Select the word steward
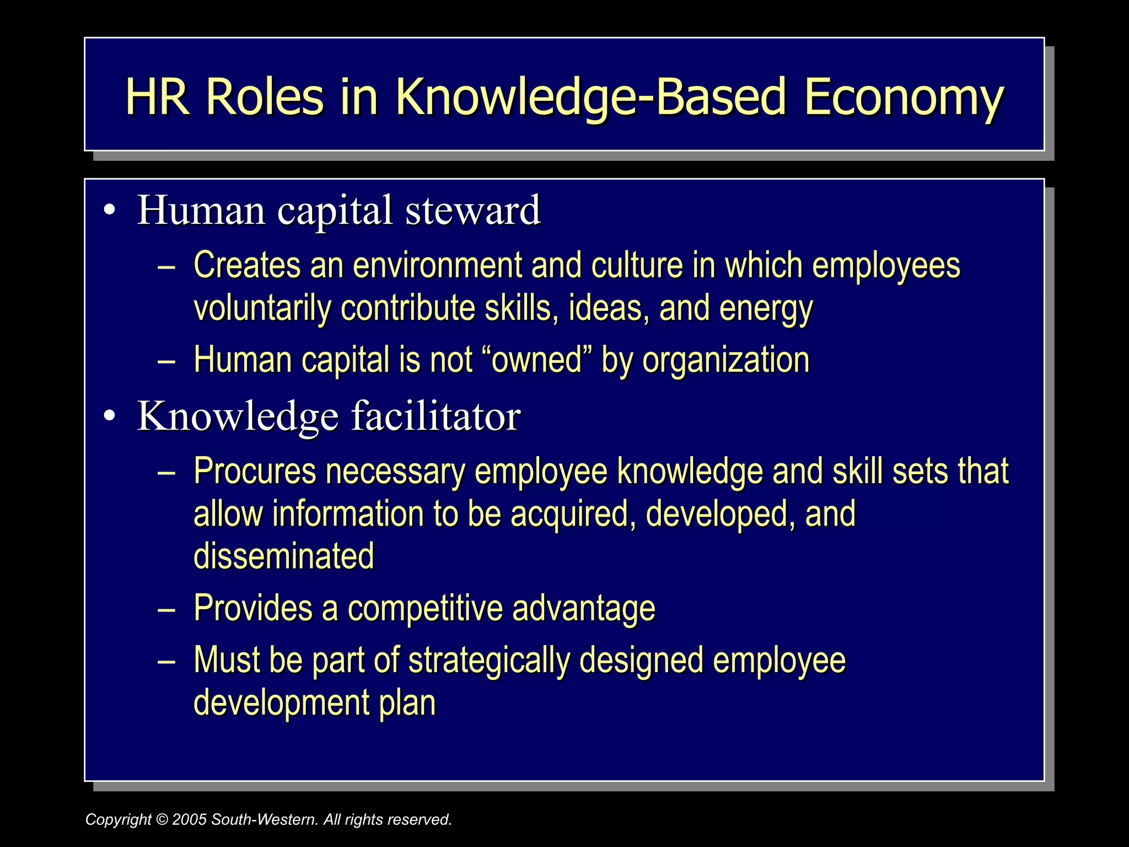click(x=473, y=211)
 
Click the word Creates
click(x=247, y=265)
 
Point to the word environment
click(x=437, y=265)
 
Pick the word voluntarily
click(x=262, y=308)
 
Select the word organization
click(x=726, y=361)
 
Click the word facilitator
click(x=436, y=416)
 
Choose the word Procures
click(x=255, y=471)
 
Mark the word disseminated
click(x=284, y=556)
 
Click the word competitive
click(x=424, y=608)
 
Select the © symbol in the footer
click(x=162, y=819)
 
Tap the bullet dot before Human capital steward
click(x=109, y=211)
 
